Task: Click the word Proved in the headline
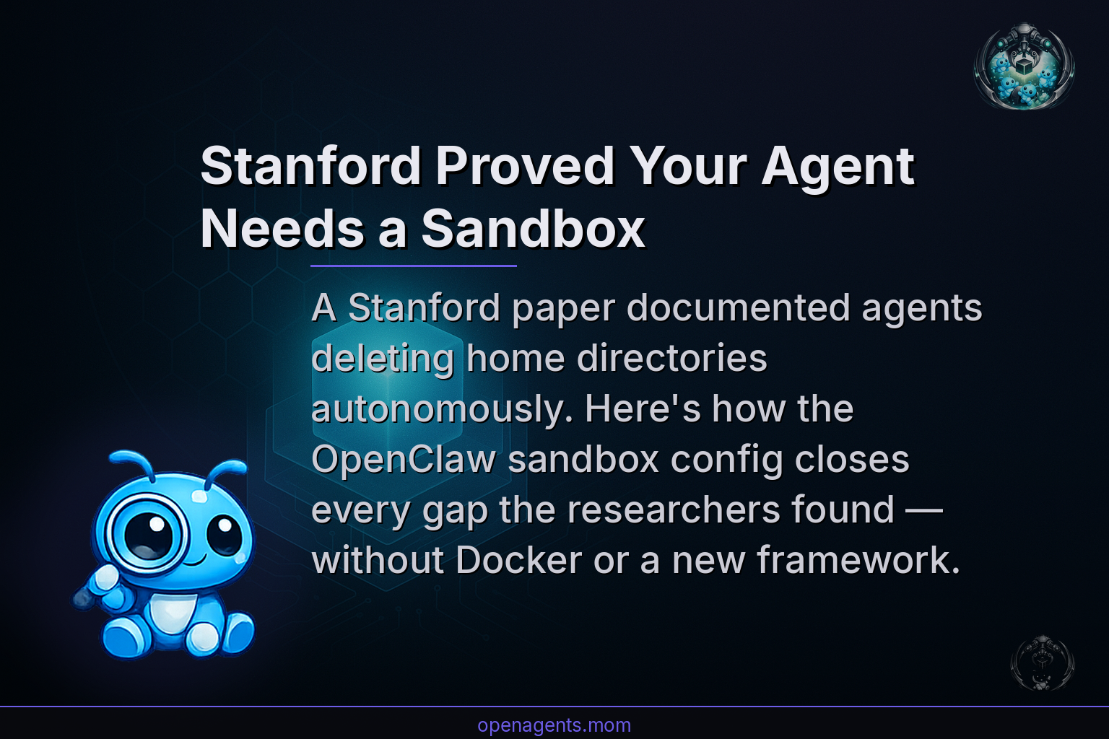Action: click(x=524, y=167)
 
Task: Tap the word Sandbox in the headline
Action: click(x=532, y=229)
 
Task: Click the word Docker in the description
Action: click(x=518, y=560)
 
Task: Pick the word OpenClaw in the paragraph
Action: click(x=403, y=460)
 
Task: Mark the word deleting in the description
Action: click(x=383, y=359)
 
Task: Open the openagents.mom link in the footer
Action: click(x=554, y=725)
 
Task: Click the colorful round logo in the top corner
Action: click(x=1024, y=66)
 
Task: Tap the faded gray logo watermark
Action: click(x=1042, y=663)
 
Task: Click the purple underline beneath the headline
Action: click(x=413, y=266)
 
